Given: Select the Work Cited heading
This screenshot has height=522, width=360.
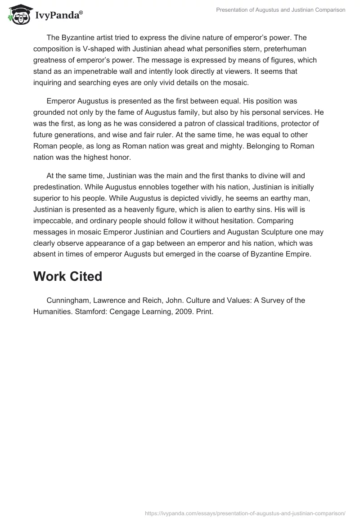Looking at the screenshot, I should (x=67, y=276).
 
